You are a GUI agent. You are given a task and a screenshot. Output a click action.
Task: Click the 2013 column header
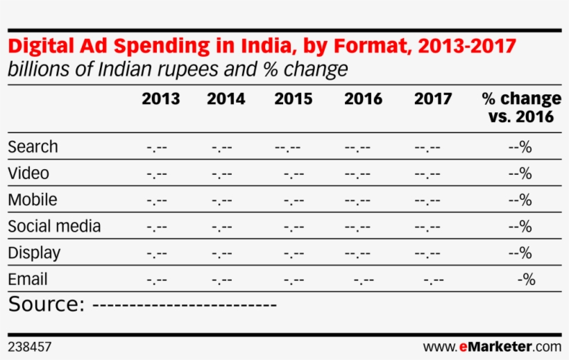coord(160,99)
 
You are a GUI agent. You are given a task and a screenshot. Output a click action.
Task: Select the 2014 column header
coord(226,99)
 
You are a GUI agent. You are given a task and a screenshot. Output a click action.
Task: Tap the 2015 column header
coord(293,99)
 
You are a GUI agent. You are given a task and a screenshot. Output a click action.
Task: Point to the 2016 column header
coord(363,99)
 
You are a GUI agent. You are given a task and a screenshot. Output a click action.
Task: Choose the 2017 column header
coord(433,99)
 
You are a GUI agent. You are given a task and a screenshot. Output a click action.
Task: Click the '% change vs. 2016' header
coord(521,108)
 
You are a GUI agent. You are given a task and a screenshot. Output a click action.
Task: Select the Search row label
coord(33,147)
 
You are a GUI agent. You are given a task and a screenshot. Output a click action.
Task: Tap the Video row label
coord(28,173)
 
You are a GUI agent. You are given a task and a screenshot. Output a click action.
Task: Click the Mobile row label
coord(33,200)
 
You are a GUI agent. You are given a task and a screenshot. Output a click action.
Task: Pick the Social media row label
coord(54,227)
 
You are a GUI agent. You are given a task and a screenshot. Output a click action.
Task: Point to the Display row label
coord(34,253)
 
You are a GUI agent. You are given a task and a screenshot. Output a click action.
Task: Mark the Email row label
coord(28,280)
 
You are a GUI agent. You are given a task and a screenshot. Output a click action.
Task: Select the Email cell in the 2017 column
coord(434,281)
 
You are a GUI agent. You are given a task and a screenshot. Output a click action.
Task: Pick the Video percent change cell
coord(520,173)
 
